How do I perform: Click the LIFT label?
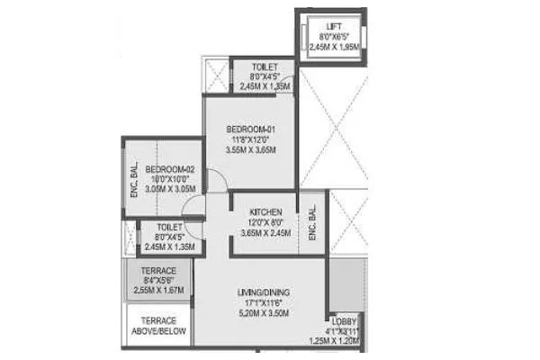[332, 27]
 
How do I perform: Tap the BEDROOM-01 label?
[249, 130]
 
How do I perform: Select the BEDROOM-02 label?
[170, 168]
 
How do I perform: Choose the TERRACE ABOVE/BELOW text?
[158, 327]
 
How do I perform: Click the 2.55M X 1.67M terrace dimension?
[159, 291]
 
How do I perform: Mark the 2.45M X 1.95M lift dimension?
[332, 47]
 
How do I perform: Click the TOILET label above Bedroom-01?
[265, 67]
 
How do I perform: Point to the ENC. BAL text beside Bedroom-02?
[133, 179]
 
